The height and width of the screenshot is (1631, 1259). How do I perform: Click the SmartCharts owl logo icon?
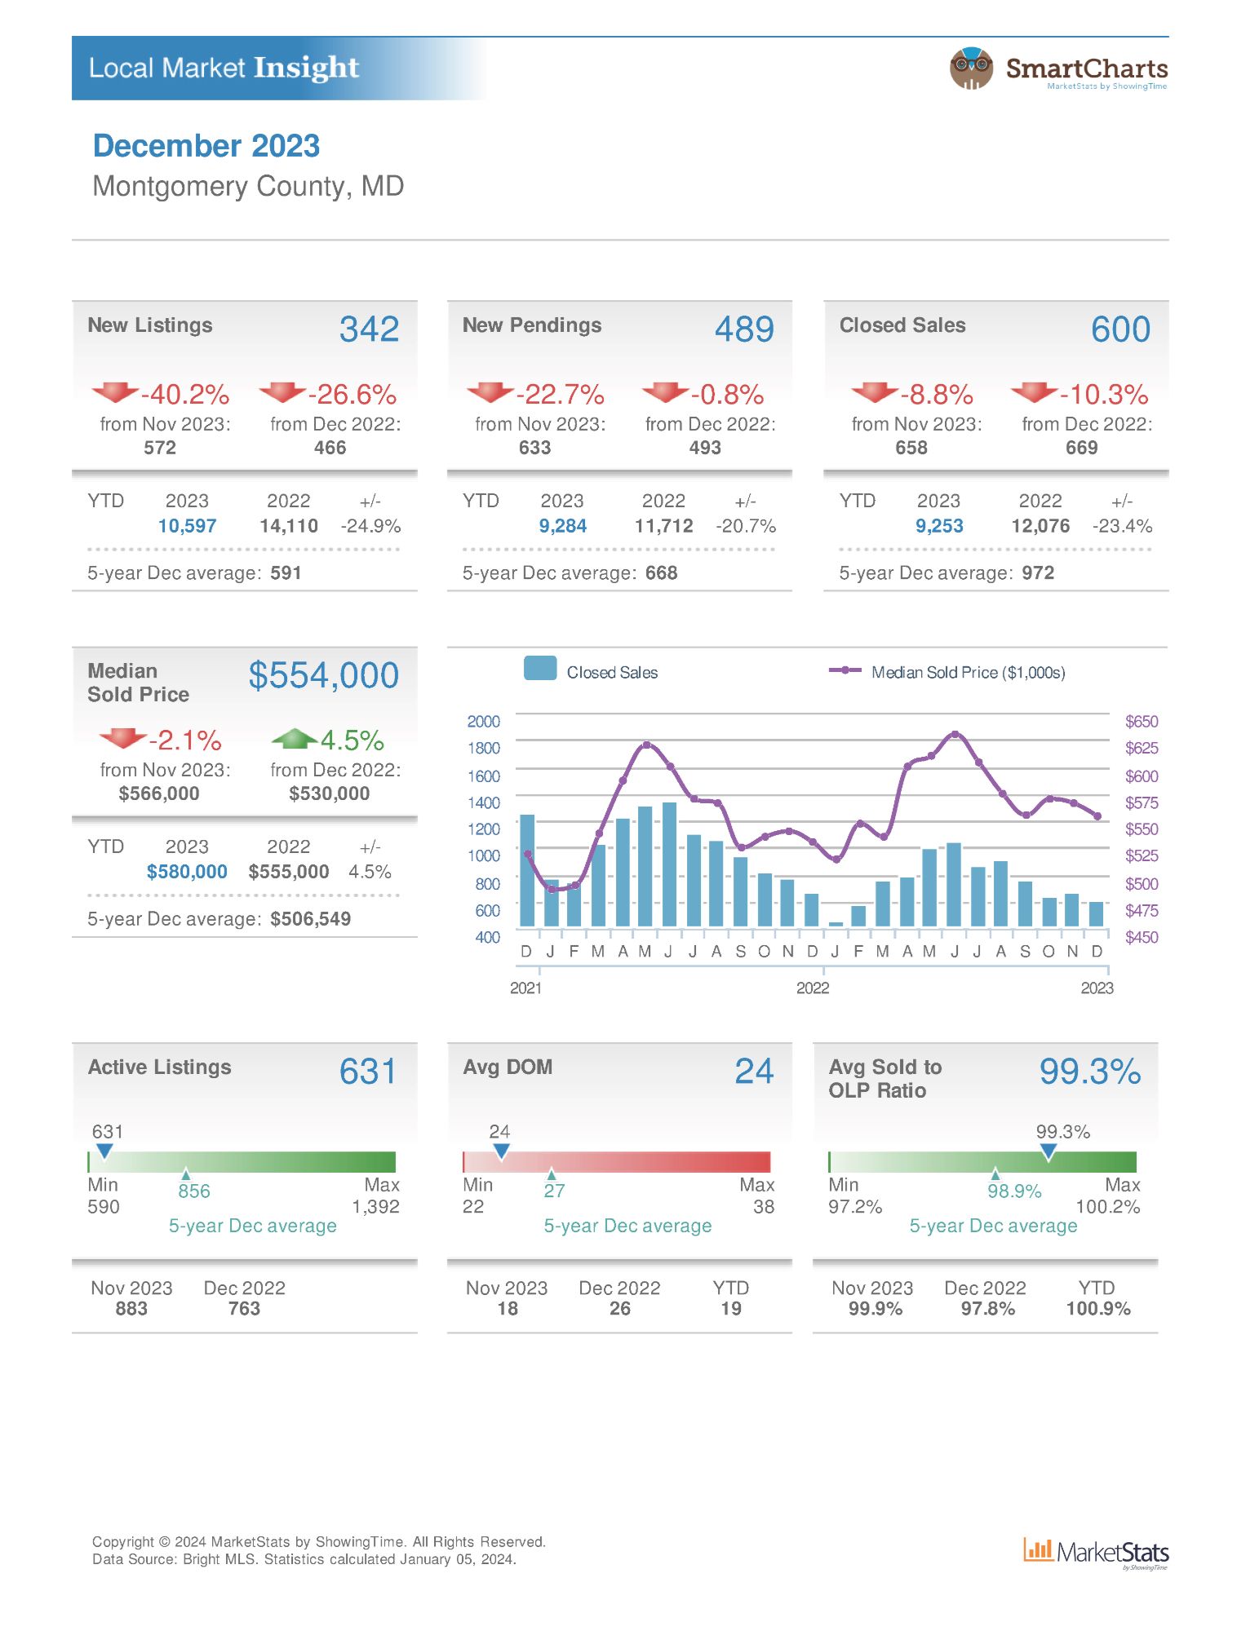[971, 69]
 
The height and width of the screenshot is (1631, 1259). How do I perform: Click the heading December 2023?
[206, 146]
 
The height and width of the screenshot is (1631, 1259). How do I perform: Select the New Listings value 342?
[369, 329]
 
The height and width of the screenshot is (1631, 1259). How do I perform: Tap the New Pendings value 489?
[744, 329]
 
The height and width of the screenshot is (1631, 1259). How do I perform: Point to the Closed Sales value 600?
[1120, 329]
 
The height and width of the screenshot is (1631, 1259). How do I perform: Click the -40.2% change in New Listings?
[185, 395]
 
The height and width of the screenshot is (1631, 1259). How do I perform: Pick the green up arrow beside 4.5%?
[294, 738]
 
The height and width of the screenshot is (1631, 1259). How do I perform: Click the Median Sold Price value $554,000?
[324, 675]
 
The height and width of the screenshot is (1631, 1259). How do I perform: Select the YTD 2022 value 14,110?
[289, 526]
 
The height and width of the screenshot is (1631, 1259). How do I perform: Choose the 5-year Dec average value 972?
[1038, 573]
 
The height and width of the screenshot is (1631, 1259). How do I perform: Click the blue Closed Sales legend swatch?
[540, 668]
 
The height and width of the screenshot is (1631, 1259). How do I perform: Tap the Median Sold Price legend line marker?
[845, 670]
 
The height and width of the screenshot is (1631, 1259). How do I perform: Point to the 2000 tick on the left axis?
[483, 722]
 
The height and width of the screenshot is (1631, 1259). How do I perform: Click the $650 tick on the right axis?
[1142, 722]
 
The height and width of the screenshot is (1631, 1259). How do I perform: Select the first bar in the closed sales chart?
[527, 870]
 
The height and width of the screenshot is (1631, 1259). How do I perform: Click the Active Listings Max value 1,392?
[375, 1207]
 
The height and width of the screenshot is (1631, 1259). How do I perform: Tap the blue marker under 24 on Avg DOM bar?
[501, 1151]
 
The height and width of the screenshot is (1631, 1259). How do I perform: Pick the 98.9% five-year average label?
[1014, 1191]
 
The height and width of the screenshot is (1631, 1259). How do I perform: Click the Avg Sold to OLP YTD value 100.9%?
[1098, 1309]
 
